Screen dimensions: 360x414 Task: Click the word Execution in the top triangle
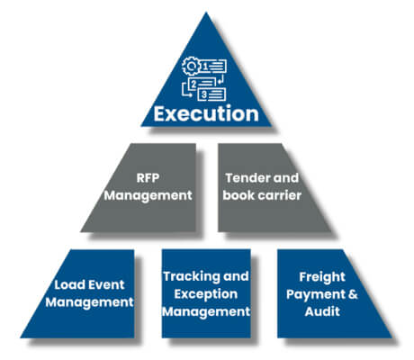click(x=207, y=115)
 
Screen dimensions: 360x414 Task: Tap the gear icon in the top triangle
click(x=192, y=65)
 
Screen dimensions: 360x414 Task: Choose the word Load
click(x=64, y=284)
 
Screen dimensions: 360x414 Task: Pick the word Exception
click(x=206, y=293)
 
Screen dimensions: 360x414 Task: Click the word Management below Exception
click(x=206, y=311)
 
